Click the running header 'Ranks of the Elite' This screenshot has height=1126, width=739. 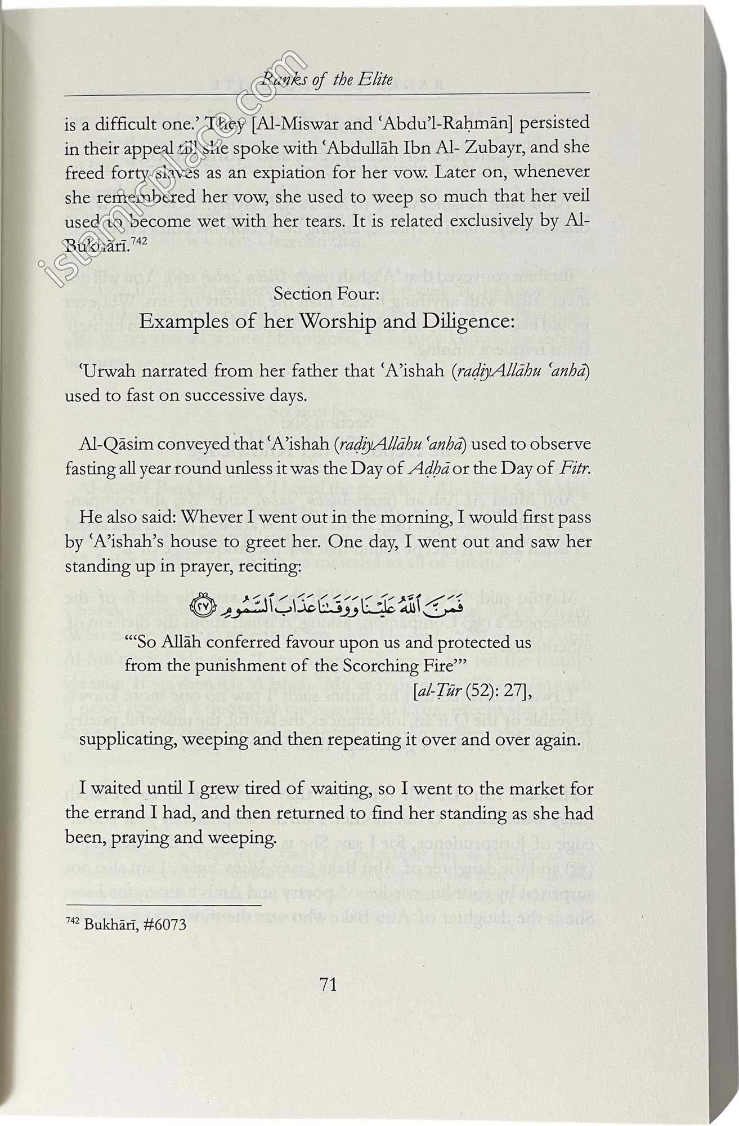pos(331,79)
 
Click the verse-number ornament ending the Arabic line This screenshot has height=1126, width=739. pos(201,606)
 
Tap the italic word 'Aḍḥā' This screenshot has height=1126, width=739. pos(429,468)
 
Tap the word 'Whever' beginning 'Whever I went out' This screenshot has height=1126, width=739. pos(209,517)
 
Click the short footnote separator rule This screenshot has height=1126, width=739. pos(163,905)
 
